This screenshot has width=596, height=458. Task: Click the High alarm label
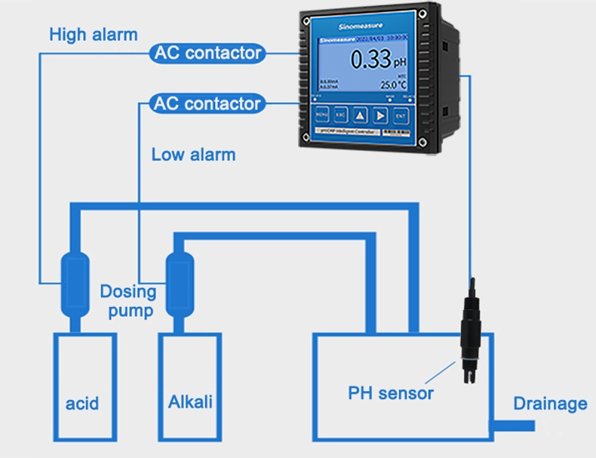pyautogui.click(x=93, y=35)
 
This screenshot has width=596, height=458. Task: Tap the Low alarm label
pyautogui.click(x=193, y=155)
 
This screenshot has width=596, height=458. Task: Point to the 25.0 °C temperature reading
pyautogui.click(x=393, y=85)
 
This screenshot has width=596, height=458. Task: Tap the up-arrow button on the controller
pyautogui.click(x=361, y=115)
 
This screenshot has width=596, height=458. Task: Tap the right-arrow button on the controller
pyautogui.click(x=380, y=115)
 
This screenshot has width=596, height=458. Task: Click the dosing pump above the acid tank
pyautogui.click(x=74, y=287)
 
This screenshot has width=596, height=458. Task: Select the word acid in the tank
pyautogui.click(x=82, y=404)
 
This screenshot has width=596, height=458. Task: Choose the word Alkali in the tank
pyautogui.click(x=190, y=401)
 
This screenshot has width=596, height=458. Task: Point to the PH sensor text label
pyautogui.click(x=390, y=393)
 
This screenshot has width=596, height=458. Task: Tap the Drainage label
pyautogui.click(x=550, y=404)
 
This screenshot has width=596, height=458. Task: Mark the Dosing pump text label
pyautogui.click(x=128, y=300)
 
